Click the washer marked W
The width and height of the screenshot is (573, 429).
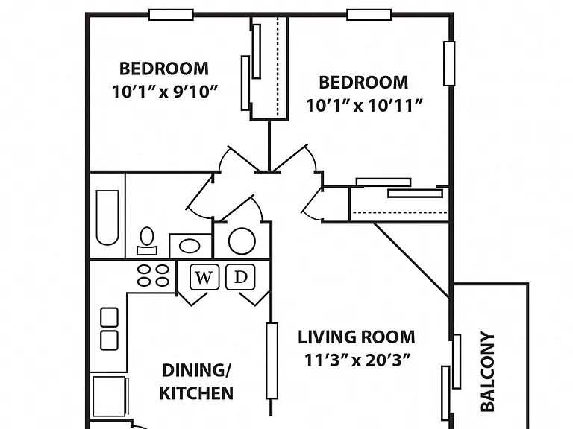(x=204, y=277)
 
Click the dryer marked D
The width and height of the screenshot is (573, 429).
(x=240, y=277)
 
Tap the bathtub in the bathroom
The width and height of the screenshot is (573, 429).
(x=107, y=217)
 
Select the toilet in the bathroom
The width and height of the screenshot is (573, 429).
(x=147, y=241)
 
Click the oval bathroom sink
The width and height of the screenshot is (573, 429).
(x=190, y=246)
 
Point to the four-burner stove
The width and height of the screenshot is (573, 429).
(x=153, y=276)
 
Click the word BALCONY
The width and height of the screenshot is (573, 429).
(x=487, y=372)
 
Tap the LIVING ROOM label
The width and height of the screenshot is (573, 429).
(x=357, y=337)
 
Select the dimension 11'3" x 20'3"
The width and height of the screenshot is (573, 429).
(x=356, y=360)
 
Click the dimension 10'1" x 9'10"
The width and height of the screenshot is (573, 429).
(x=165, y=92)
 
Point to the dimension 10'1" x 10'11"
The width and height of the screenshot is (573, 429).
(x=364, y=106)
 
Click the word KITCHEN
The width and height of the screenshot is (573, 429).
(x=196, y=393)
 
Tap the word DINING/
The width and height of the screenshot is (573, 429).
(x=196, y=371)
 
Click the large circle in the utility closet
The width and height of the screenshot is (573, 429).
(x=242, y=241)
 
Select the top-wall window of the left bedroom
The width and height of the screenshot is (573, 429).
(x=171, y=15)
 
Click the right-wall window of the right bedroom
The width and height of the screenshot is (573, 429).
(x=449, y=64)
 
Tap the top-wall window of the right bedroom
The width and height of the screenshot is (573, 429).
(x=369, y=15)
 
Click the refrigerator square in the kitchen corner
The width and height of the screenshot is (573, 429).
(x=109, y=396)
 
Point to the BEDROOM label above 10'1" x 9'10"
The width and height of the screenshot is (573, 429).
(x=164, y=69)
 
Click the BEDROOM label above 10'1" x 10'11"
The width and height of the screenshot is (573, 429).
(x=363, y=83)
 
